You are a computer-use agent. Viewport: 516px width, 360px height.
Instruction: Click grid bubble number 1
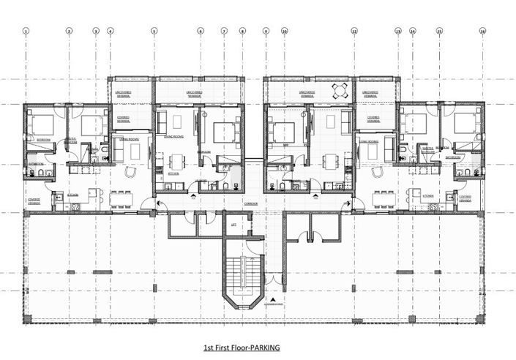[x=26, y=31]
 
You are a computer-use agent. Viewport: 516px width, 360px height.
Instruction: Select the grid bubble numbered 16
[x=482, y=31]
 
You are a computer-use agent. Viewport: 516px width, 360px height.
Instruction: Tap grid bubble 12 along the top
[x=354, y=31]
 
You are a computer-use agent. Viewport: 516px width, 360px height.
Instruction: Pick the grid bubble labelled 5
[x=154, y=31]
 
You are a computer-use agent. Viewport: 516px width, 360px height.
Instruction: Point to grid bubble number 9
[x=265, y=31]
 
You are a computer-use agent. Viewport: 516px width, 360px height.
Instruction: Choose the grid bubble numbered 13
[x=398, y=31]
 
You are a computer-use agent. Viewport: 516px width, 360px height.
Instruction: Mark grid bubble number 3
[x=95, y=31]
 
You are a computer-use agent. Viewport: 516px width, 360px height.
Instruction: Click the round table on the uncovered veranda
[x=340, y=91]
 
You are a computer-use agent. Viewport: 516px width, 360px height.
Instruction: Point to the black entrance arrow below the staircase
[x=272, y=300]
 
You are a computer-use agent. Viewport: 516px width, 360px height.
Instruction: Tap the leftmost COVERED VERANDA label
[x=34, y=200]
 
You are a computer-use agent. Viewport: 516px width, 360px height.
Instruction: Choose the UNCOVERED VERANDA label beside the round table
[x=307, y=93]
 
